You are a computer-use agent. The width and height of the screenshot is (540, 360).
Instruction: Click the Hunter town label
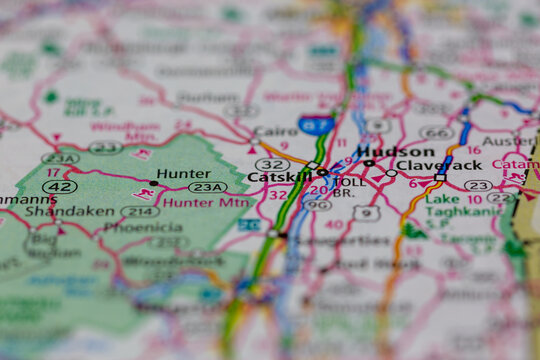(183, 173)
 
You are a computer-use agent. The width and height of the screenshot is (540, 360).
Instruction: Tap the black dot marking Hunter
(152, 182)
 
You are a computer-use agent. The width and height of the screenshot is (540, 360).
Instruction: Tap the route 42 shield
(60, 187)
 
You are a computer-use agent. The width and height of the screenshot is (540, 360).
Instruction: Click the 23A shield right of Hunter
(207, 187)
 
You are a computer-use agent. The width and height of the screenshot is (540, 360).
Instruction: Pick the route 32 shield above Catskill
(272, 163)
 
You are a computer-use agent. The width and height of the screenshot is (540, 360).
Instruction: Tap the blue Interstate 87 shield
(316, 125)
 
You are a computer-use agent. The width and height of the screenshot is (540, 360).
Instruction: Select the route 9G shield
(317, 205)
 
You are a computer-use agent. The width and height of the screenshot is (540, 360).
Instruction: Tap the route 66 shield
(436, 132)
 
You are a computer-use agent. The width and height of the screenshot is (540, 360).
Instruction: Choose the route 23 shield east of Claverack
(478, 185)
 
